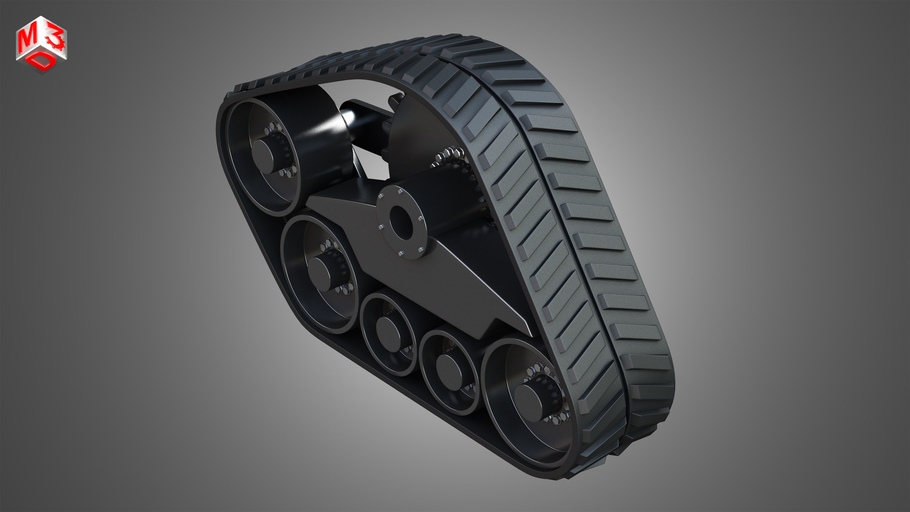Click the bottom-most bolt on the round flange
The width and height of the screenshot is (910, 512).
tap(402, 254)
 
